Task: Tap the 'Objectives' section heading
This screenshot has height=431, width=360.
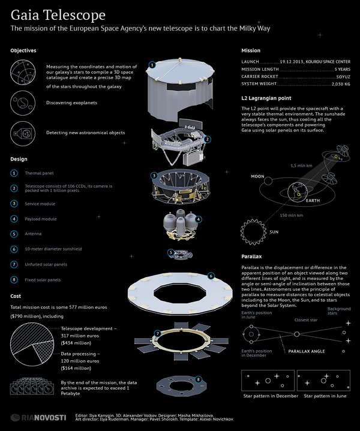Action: tap(23, 51)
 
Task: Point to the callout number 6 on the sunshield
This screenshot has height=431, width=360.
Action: tap(211, 276)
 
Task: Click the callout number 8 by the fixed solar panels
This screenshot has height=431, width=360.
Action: tap(199, 379)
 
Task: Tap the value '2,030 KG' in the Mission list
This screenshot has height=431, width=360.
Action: tap(339, 85)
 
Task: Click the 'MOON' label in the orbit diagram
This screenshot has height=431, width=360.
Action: tap(257, 177)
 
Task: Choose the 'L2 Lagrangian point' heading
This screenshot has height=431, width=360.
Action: tap(268, 98)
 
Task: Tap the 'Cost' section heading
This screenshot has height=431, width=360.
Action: tap(16, 296)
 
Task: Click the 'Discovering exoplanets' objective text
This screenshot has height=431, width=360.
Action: tap(71, 103)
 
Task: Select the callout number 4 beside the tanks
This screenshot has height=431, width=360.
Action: tap(199, 219)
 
